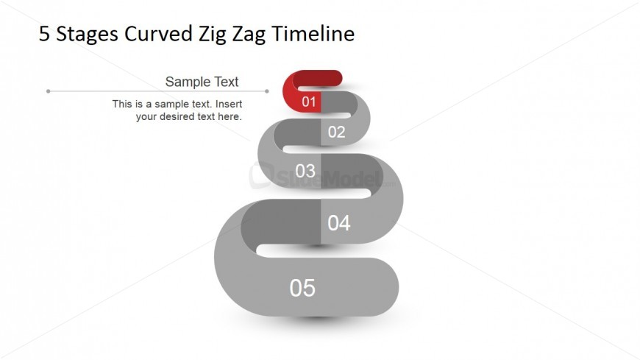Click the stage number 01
click(x=309, y=102)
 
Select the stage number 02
click(x=337, y=132)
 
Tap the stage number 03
click(x=305, y=171)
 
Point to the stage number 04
click(x=339, y=223)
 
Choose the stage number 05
click(x=302, y=288)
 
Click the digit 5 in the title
click(x=44, y=34)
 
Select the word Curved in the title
click(x=158, y=34)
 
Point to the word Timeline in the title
click(x=313, y=33)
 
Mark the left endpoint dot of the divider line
click(x=48, y=91)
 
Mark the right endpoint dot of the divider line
click(x=267, y=91)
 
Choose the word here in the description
click(x=230, y=116)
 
